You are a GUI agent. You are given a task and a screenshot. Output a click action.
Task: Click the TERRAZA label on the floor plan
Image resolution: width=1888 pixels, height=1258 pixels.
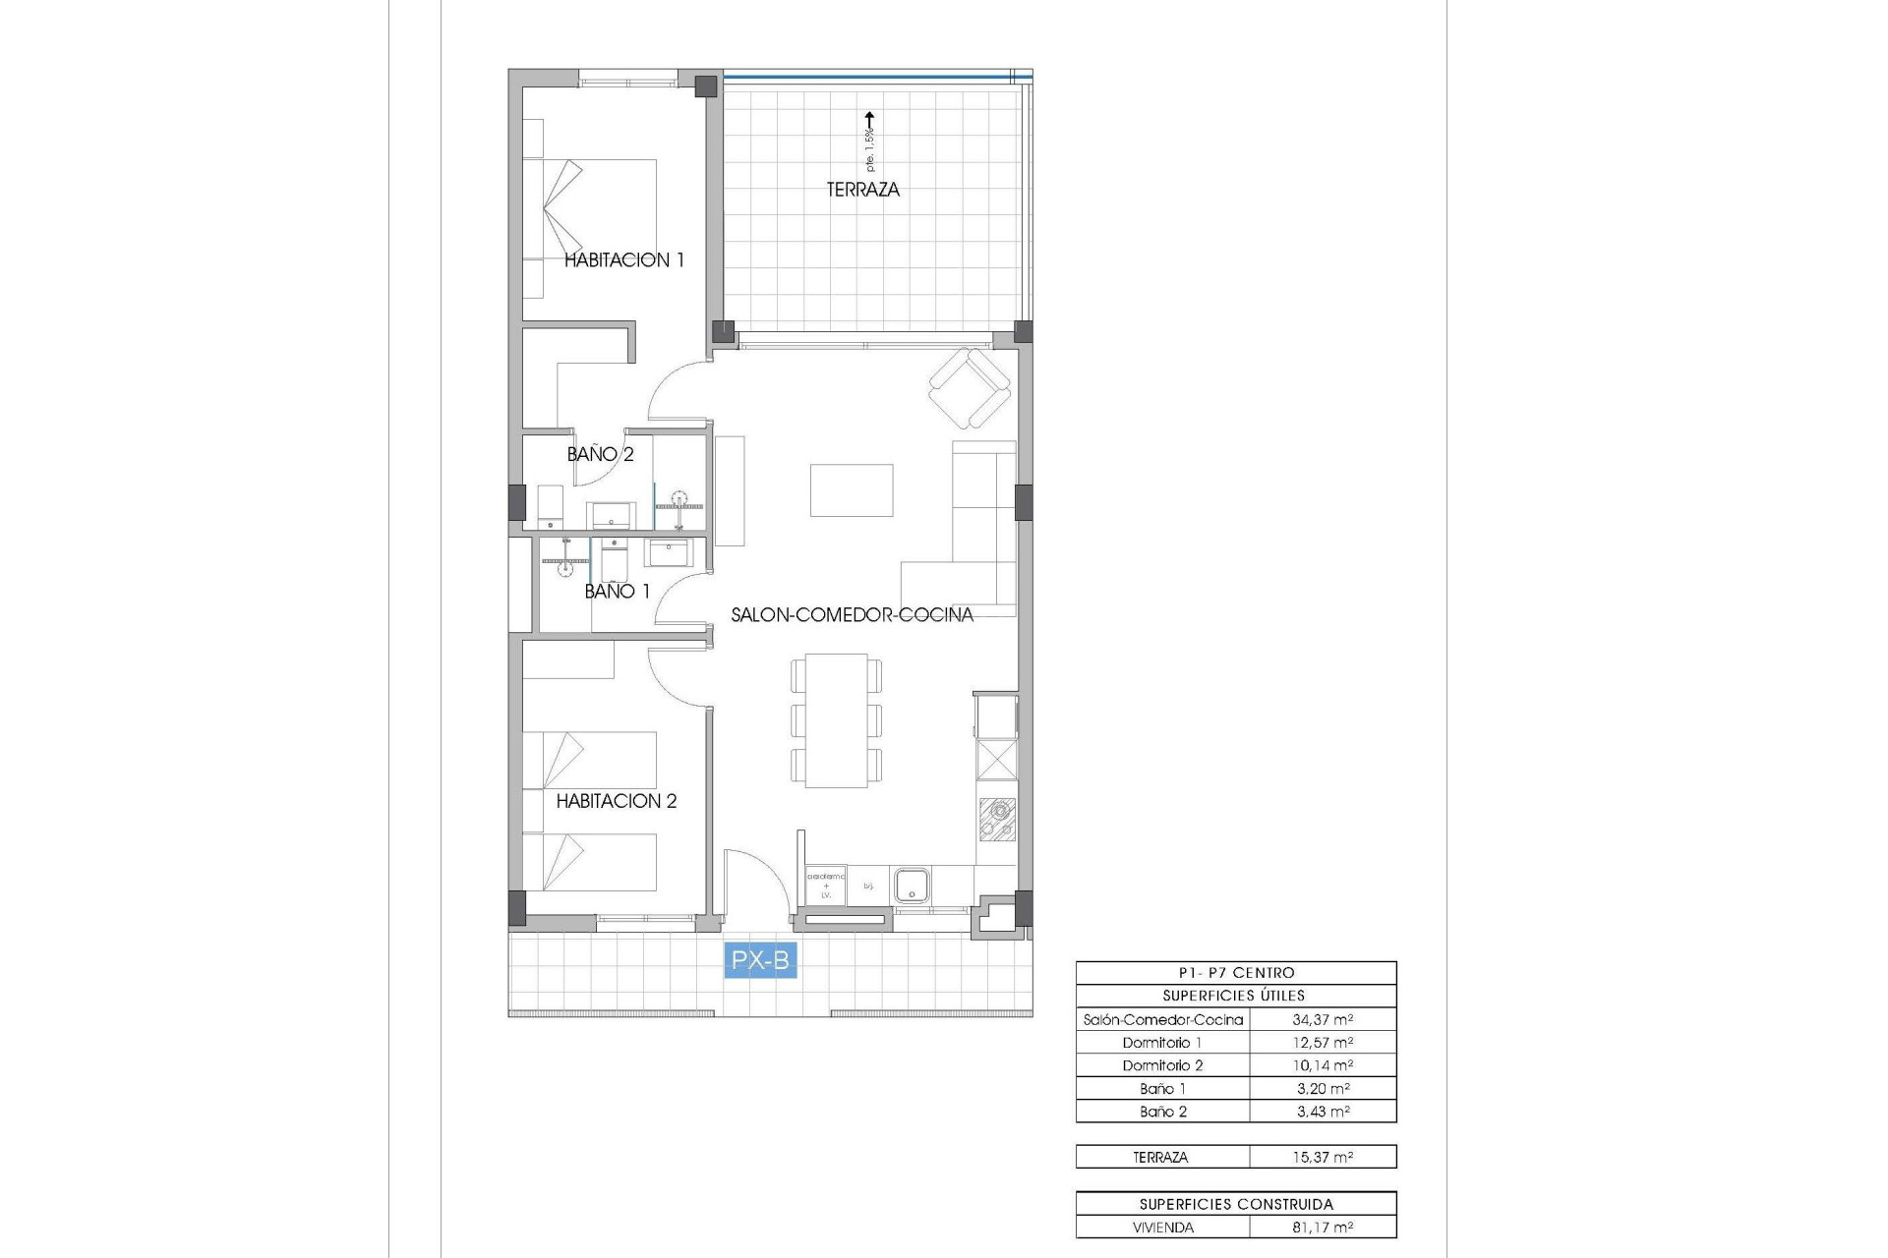click(862, 190)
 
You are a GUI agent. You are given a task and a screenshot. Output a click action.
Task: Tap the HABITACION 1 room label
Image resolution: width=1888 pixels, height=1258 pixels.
click(623, 260)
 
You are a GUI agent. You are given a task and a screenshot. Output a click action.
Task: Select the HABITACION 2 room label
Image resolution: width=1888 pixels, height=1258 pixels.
click(617, 801)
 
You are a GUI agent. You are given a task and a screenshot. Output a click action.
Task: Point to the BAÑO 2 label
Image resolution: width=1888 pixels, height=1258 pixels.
click(600, 454)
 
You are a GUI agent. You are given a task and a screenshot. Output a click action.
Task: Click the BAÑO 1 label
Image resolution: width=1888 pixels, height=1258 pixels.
click(617, 592)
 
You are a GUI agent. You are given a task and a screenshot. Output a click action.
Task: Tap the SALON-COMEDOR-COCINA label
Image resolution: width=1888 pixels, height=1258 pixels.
click(852, 615)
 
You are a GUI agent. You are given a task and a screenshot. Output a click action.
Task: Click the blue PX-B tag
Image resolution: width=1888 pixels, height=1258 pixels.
click(760, 959)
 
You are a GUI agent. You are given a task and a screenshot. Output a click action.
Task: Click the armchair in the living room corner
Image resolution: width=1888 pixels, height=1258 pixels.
click(971, 389)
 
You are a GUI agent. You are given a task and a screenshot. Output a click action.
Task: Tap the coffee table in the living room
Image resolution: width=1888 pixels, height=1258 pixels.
click(852, 490)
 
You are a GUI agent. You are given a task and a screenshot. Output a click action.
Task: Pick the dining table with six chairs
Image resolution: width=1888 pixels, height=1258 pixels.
click(836, 720)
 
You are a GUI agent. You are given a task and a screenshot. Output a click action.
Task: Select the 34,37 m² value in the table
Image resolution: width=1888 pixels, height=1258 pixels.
click(1322, 1020)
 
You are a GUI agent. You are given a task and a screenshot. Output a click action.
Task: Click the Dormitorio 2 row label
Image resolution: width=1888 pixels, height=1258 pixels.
click(1162, 1065)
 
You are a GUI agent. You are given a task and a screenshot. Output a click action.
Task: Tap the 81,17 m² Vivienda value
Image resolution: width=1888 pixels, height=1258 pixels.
click(1322, 1228)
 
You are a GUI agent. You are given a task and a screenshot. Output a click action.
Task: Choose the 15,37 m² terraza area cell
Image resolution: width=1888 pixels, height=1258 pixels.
click(1322, 1158)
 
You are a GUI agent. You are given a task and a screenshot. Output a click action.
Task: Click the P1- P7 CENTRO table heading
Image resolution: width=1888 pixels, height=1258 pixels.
click(1235, 973)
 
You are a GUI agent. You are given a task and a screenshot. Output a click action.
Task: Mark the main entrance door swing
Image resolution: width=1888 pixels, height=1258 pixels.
click(755, 885)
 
